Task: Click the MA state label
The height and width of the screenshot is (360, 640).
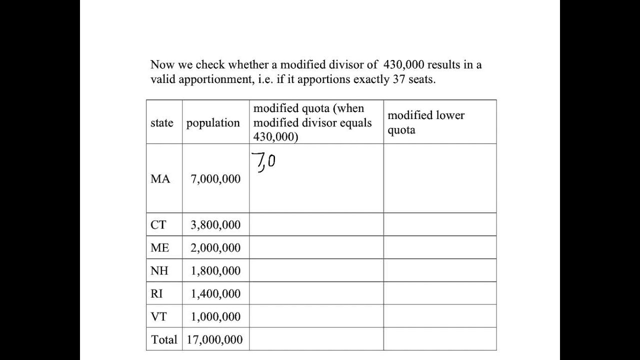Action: click(160, 179)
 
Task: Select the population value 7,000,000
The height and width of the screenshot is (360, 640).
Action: click(215, 179)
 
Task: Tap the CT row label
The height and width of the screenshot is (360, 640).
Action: click(158, 225)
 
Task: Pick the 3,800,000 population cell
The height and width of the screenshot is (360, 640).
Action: click(215, 225)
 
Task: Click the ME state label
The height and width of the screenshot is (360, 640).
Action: click(159, 248)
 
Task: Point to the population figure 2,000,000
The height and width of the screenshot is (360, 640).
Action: click(215, 248)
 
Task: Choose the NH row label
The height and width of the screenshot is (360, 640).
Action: click(159, 271)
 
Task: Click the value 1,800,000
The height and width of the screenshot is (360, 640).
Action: click(215, 271)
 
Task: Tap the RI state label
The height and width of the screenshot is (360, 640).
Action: click(156, 294)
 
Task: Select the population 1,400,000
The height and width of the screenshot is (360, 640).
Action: click(215, 294)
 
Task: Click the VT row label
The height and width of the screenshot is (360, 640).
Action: click(158, 317)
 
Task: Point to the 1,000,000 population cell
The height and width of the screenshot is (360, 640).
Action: click(215, 317)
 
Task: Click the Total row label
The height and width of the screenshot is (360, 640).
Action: click(164, 340)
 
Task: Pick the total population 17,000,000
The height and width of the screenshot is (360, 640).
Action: click(214, 340)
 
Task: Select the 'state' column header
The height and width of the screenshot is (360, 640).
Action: click(162, 123)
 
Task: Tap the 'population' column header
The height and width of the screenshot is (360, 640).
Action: click(213, 123)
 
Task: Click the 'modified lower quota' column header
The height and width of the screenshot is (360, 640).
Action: click(425, 122)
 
